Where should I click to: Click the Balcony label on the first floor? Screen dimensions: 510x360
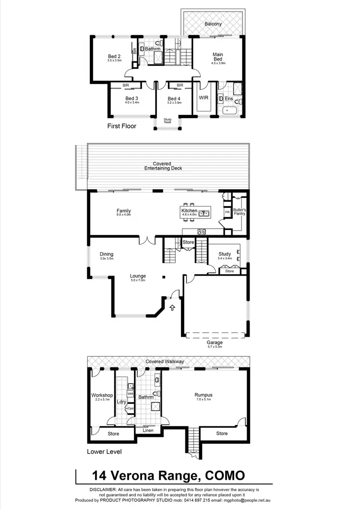coord(213,24)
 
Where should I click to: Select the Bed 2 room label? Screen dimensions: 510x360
coord(114,56)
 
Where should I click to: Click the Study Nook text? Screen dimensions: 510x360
coord(168,121)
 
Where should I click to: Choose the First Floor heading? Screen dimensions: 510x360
coord(122,127)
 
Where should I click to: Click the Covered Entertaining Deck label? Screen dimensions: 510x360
coord(163,166)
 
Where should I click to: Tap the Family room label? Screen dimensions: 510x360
coord(123,211)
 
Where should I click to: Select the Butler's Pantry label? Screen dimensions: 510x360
coord(239,211)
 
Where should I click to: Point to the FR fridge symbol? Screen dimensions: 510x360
coord(227,212)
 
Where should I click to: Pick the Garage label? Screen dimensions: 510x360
coord(215,342)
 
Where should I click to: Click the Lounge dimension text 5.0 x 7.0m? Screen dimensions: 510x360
coord(138,280)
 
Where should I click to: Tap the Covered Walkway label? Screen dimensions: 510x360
coord(165,362)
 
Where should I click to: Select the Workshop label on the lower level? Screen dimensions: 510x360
coord(102,395)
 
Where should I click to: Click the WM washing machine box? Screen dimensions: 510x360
coord(130,394)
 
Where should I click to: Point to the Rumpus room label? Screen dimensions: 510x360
coord(204,395)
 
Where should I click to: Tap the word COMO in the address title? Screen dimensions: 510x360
coord(225,476)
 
